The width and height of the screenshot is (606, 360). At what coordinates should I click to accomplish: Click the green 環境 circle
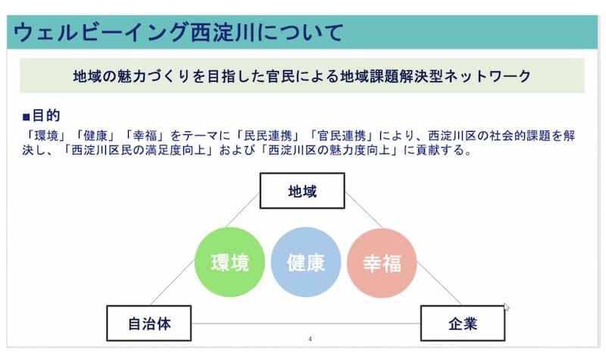230,262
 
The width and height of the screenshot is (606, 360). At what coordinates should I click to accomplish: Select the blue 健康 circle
305,262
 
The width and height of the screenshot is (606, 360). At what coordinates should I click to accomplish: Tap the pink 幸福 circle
381,262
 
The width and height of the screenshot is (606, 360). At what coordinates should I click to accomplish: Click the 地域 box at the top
302,191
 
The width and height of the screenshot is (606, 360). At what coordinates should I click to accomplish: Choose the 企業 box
463,324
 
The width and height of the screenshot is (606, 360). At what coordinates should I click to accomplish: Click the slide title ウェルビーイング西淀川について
178,33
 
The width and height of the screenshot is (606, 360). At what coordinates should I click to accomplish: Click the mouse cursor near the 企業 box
507,308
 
